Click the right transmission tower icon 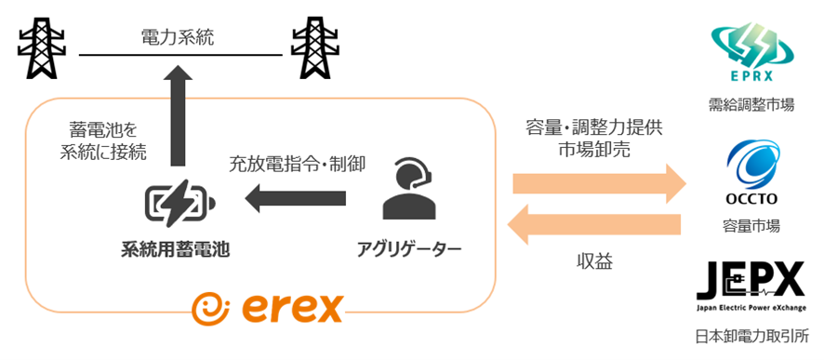click(312, 47)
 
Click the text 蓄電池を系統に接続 click(103, 140)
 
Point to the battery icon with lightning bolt click(180, 204)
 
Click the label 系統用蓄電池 click(176, 248)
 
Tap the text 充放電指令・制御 click(297, 164)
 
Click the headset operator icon click(409, 191)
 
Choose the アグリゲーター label click(409, 248)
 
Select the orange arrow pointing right click(600, 183)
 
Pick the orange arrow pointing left click(594, 225)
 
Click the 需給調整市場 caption click(751, 106)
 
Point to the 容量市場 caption click(751, 226)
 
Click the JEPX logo click(751, 287)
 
